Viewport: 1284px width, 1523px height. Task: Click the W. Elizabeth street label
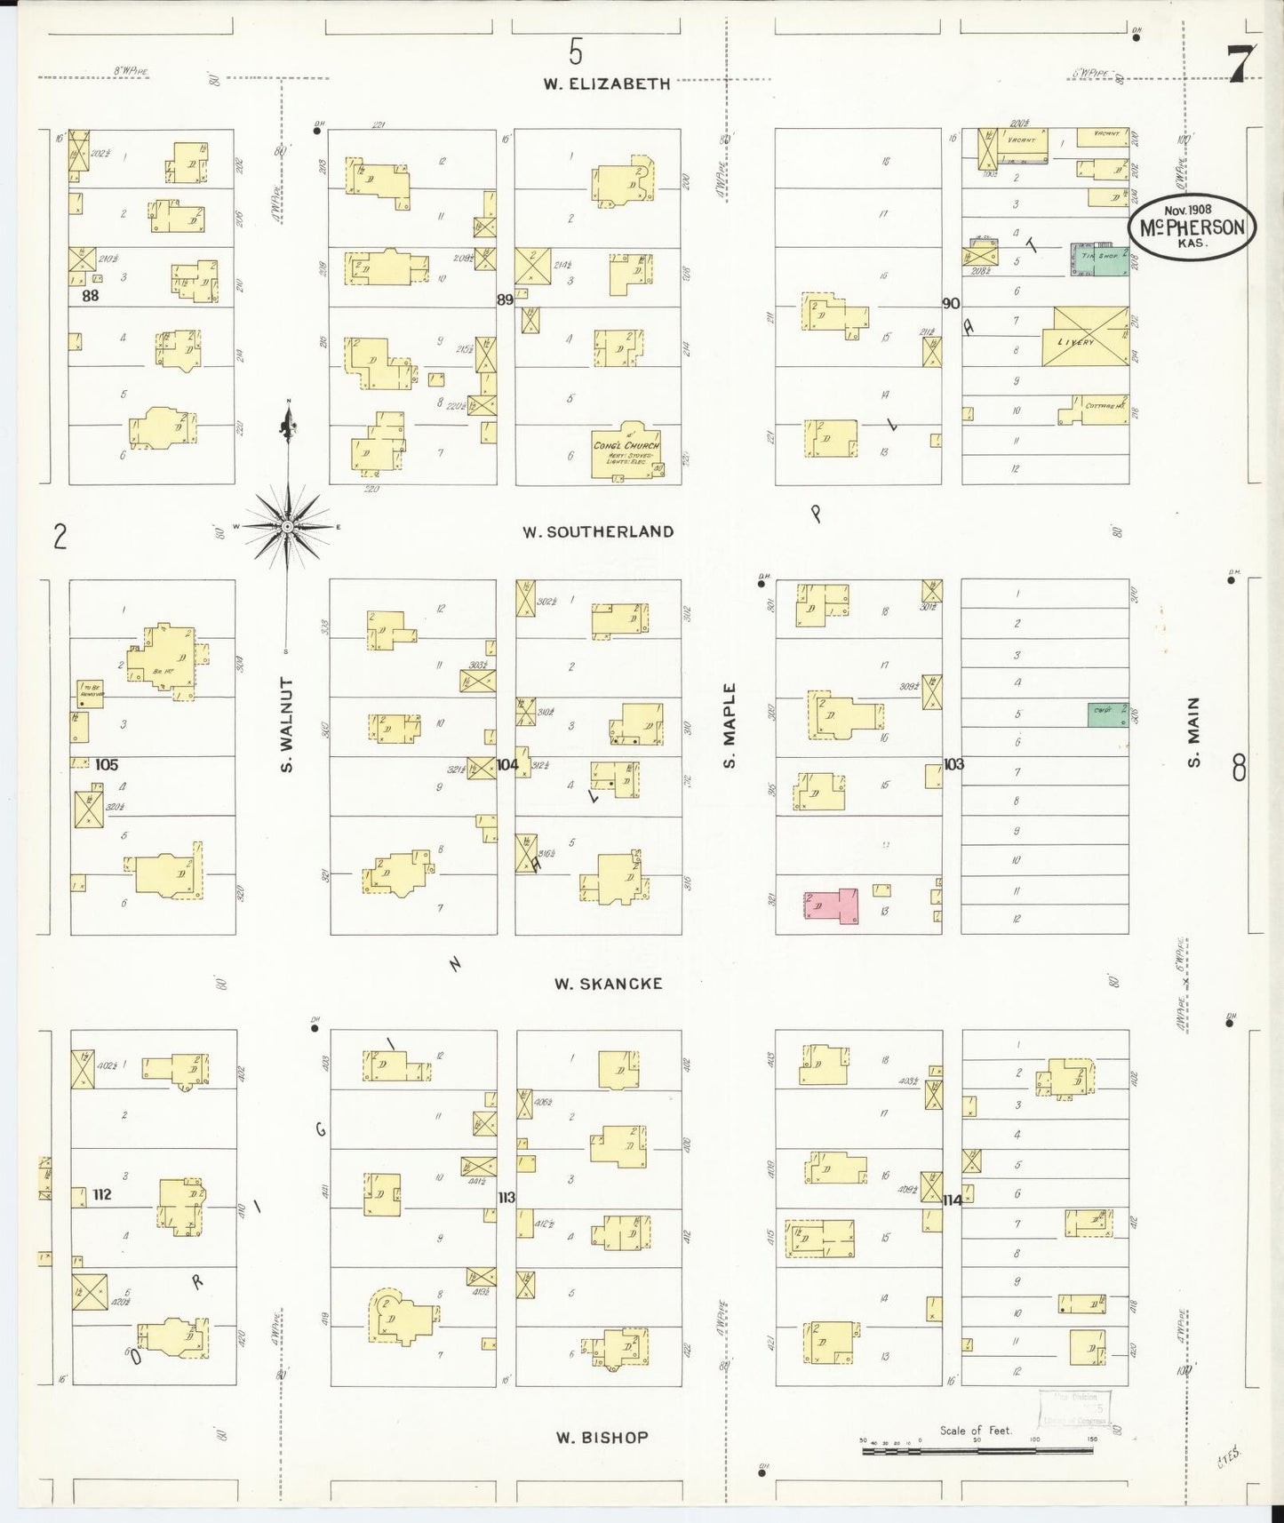tap(607, 84)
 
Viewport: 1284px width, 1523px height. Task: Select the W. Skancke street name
tap(608, 984)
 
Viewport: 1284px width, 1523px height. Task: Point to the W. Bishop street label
tap(602, 1437)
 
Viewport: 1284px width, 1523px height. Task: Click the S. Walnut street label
tap(287, 723)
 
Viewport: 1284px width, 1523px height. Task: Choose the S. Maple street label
tap(730, 725)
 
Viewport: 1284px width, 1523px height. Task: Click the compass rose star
tap(287, 527)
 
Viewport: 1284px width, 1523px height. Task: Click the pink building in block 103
tap(831, 906)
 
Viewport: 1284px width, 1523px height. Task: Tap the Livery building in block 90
tap(1086, 336)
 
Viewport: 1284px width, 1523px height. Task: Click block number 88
tap(90, 295)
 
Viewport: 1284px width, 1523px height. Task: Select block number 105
tap(105, 764)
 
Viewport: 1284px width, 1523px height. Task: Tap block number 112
tap(101, 1194)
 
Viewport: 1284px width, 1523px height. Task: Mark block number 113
tap(506, 1198)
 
